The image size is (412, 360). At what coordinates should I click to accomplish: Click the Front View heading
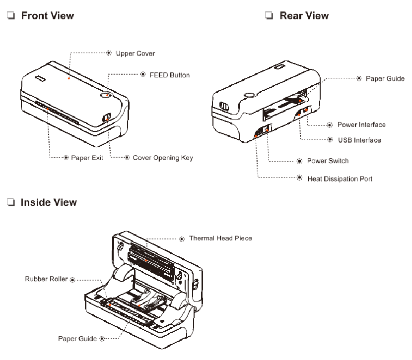point(47,16)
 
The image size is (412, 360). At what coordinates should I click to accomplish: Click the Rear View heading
point(304,16)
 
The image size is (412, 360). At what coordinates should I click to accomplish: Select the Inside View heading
point(49,202)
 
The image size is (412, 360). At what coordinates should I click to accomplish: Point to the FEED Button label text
point(170,75)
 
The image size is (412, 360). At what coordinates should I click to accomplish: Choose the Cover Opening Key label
point(162,158)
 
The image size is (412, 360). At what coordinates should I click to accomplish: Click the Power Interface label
point(361,124)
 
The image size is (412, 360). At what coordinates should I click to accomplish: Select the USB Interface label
point(359,140)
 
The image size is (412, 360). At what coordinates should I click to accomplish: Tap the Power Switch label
point(328,161)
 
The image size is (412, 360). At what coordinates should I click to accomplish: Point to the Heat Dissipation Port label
point(340,178)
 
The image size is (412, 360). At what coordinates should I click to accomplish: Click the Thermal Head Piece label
point(220,239)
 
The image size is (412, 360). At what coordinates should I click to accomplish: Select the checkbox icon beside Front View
point(10,16)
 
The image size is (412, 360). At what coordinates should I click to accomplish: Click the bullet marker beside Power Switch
point(299,161)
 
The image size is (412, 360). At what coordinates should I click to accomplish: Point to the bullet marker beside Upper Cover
point(109,53)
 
